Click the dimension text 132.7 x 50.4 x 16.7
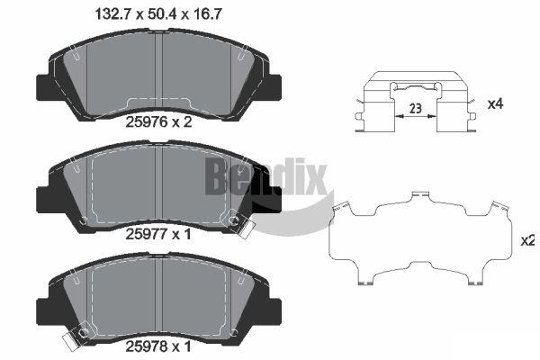(158, 14)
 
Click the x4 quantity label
(495, 103)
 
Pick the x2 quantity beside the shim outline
(527, 240)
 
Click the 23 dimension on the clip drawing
(416, 109)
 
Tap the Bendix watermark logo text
(265, 176)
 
